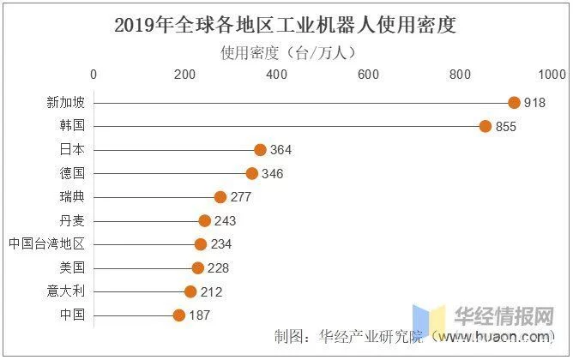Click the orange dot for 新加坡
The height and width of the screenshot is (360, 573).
coord(514,103)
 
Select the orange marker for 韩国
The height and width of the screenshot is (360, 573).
coord(486,126)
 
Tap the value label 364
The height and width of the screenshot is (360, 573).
coord(281,150)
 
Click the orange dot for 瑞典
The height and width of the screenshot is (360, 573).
coord(220,197)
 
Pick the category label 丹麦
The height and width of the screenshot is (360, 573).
coord(72,221)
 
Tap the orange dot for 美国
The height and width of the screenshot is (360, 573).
coord(198,268)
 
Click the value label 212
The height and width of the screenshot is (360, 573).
coord(211,292)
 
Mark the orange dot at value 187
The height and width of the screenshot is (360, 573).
coord(179,315)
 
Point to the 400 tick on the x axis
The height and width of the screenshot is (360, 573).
coord(276,75)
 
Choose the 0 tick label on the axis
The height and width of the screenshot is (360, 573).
coord(93,75)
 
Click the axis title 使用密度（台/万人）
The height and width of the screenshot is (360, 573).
coord(288,52)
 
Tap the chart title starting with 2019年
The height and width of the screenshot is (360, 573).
coord(286,25)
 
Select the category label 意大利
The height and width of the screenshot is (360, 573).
coord(66,291)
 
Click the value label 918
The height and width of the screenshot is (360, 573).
coord(535,103)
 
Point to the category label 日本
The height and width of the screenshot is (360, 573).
coord(72,150)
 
